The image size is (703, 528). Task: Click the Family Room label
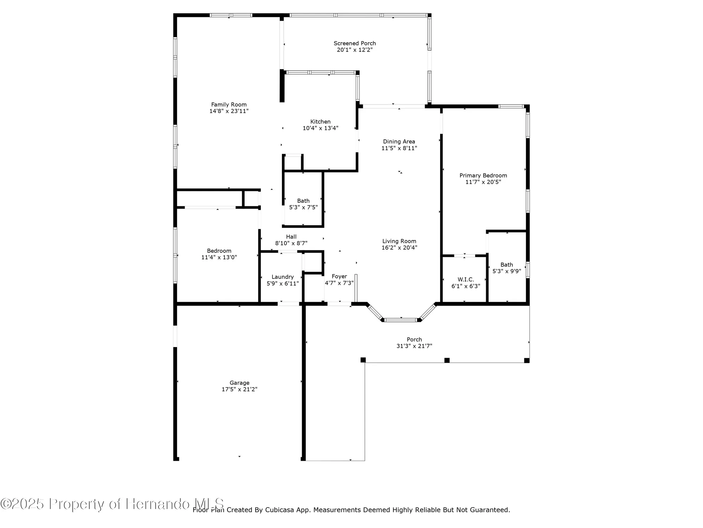pyautogui.click(x=229, y=105)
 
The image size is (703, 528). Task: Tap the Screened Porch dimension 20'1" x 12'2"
pyautogui.click(x=355, y=50)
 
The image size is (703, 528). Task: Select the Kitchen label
pyautogui.click(x=320, y=122)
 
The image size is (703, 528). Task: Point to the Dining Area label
pyautogui.click(x=399, y=142)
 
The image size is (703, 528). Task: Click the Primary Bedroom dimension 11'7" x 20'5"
pyautogui.click(x=483, y=182)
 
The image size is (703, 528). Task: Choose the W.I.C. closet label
pyautogui.click(x=466, y=279)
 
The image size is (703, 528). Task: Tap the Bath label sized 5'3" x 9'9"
pyautogui.click(x=507, y=265)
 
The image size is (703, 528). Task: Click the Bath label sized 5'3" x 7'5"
pyautogui.click(x=303, y=201)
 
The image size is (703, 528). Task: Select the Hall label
pyautogui.click(x=291, y=237)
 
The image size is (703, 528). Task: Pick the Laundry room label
pyautogui.click(x=283, y=277)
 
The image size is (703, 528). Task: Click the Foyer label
pyautogui.click(x=339, y=276)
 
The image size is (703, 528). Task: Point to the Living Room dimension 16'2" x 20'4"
pyautogui.click(x=399, y=248)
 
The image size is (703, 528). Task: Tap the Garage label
pyautogui.click(x=239, y=383)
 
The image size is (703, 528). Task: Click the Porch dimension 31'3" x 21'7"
pyautogui.click(x=414, y=346)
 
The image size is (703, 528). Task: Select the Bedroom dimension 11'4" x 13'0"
pyautogui.click(x=219, y=257)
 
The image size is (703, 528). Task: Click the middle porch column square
pyautogui.click(x=447, y=360)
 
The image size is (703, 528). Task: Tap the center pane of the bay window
pyautogui.click(x=401, y=320)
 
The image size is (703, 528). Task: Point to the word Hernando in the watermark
pyautogui.click(x=158, y=504)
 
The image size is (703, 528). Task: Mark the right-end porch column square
pyautogui.click(x=527, y=360)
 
